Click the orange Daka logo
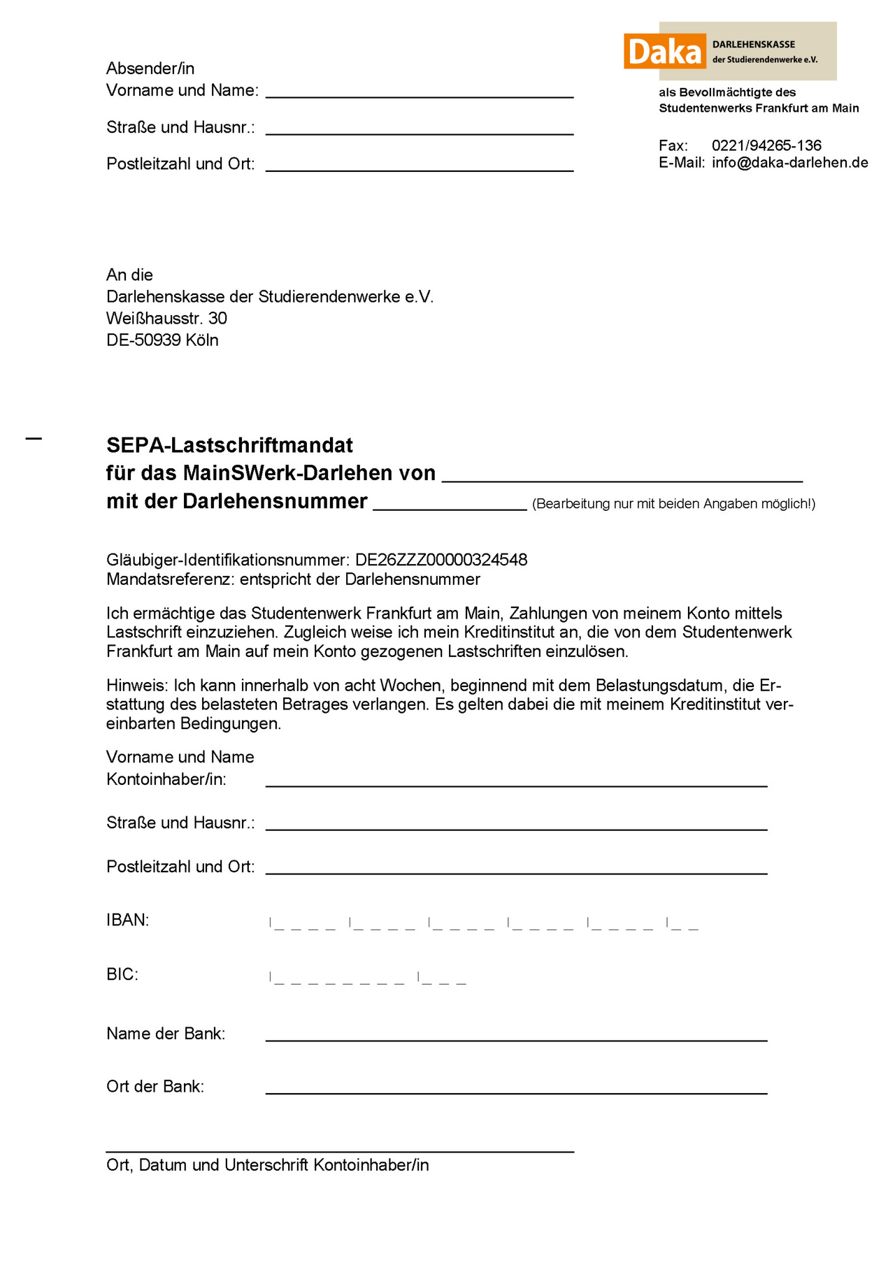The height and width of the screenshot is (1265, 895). [x=664, y=52]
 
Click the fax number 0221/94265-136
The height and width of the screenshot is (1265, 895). [x=766, y=145]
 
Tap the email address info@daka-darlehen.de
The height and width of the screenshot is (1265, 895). [x=790, y=163]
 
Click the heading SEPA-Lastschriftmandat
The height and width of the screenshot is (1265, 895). [x=229, y=445]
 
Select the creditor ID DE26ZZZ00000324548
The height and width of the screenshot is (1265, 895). [x=441, y=560]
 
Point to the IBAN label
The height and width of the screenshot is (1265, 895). [x=128, y=920]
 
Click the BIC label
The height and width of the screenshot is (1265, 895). [x=122, y=974]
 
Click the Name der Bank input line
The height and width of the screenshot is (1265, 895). [x=516, y=1038]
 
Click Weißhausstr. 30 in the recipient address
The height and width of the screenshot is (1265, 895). [x=166, y=319]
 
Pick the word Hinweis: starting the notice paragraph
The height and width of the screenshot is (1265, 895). [x=137, y=685]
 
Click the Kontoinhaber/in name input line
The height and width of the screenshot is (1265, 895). [x=516, y=783]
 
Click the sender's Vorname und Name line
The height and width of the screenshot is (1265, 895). [x=420, y=95]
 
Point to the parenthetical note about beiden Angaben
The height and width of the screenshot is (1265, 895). [x=673, y=504]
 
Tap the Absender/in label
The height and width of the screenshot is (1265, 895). [x=150, y=68]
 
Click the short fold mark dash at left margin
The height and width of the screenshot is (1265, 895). [x=34, y=439]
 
